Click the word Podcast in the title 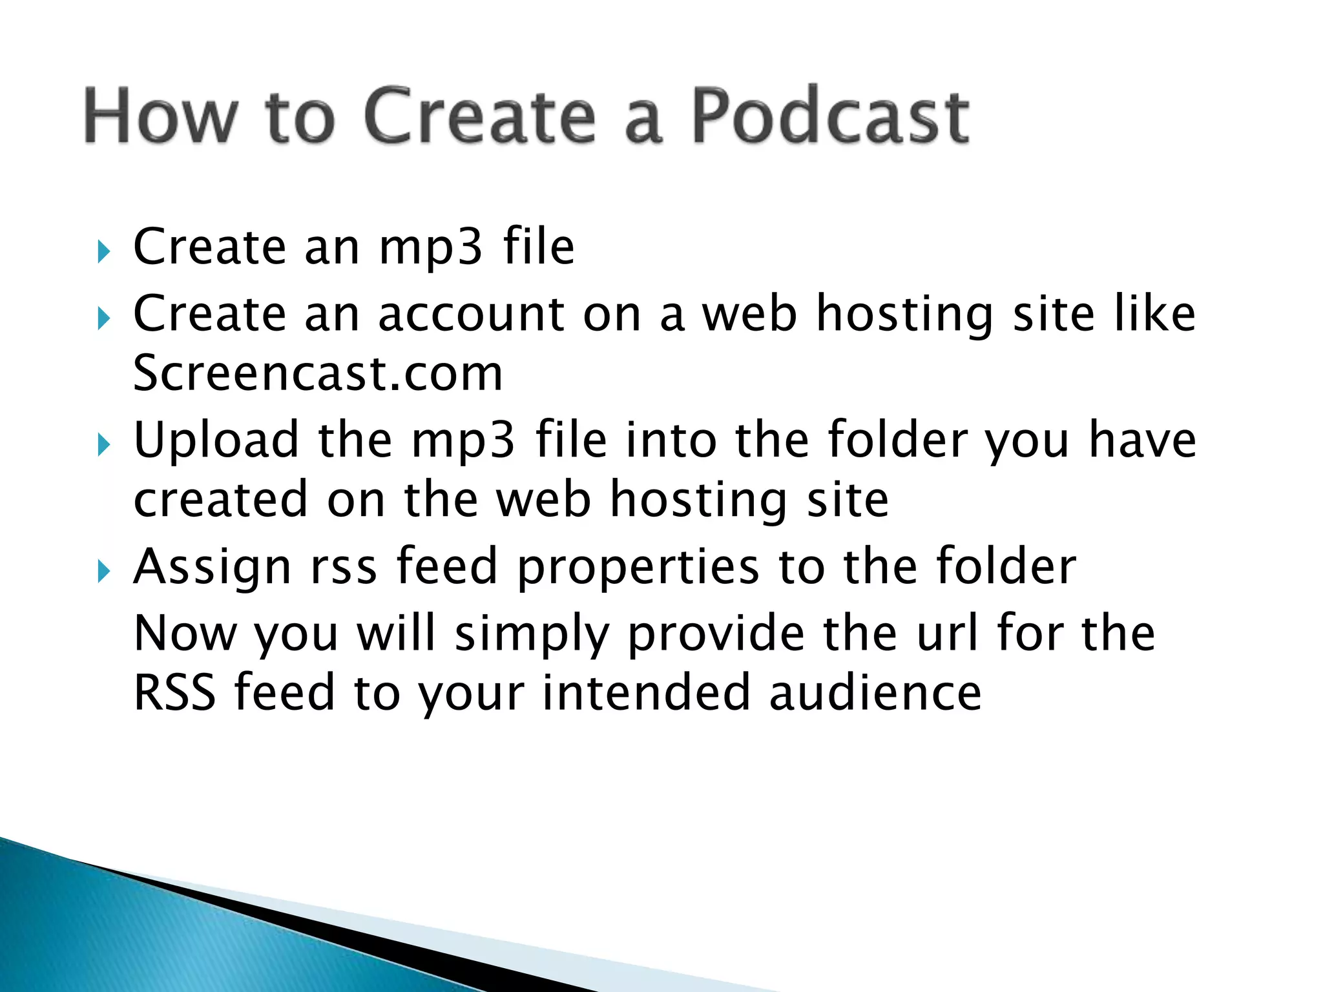[x=830, y=116]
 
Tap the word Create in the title [x=479, y=116]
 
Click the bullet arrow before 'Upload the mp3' [x=104, y=444]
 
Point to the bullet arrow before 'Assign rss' [x=104, y=571]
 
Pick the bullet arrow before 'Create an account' [x=104, y=318]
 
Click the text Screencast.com [x=318, y=373]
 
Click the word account [x=470, y=314]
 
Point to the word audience [x=875, y=692]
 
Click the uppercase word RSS [x=174, y=692]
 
